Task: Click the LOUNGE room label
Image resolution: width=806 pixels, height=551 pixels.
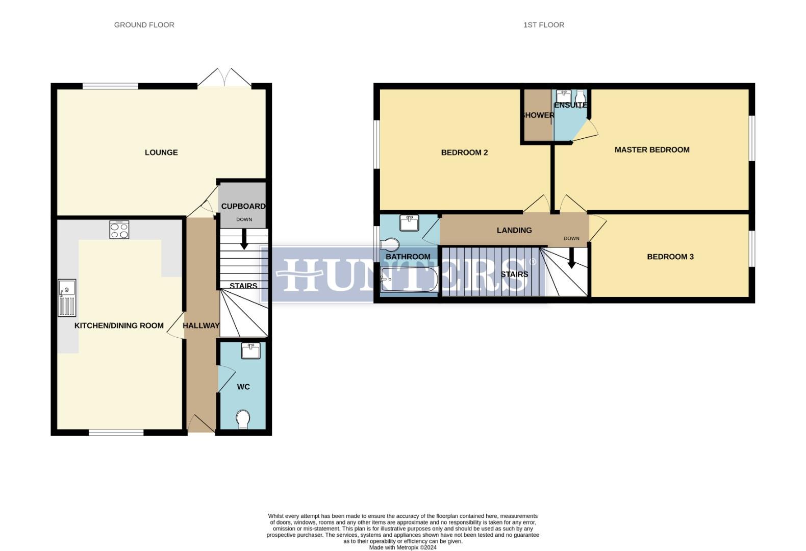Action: (161, 153)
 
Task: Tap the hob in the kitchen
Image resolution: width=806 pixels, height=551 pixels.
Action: (119, 230)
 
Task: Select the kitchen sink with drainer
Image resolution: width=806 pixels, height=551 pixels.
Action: (67, 297)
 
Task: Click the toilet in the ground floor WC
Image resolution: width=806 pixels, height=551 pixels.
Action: (243, 419)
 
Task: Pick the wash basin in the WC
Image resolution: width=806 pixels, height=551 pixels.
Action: (250, 351)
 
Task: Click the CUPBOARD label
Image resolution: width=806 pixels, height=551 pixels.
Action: (243, 206)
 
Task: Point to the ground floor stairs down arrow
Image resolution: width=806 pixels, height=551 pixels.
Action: (244, 239)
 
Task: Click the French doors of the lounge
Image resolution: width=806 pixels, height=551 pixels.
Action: (224, 78)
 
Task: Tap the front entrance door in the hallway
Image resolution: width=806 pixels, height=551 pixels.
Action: (202, 424)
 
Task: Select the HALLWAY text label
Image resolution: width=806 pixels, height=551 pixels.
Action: (201, 325)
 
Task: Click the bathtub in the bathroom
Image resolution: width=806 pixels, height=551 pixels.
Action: (409, 280)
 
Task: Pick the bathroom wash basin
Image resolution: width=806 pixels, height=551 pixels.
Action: (409, 223)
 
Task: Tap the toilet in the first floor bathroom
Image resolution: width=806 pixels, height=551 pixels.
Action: (390, 244)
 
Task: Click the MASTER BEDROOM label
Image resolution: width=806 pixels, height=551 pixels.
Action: (652, 150)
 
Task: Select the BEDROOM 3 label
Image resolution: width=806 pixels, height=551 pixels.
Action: (670, 257)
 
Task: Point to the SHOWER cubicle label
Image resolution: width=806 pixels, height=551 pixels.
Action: (537, 115)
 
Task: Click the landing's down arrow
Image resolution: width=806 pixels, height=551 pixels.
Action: (571, 258)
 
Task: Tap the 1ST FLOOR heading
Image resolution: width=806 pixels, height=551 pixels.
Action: (543, 24)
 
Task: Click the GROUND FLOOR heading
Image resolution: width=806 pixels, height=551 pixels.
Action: (144, 24)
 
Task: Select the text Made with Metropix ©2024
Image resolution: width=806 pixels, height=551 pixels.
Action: (402, 547)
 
